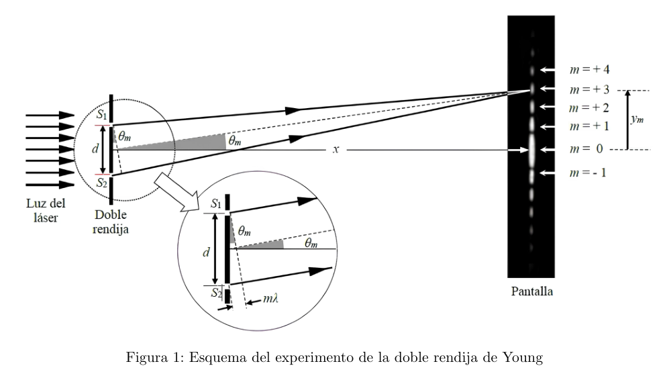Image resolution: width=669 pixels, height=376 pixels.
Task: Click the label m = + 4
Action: pos(590,69)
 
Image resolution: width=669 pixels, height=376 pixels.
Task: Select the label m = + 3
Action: pos(590,89)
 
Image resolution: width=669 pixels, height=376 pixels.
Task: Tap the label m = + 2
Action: pos(589,108)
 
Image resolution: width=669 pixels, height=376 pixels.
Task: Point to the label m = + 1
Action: pos(589,126)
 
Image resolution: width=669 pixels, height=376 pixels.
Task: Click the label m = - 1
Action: pos(588,173)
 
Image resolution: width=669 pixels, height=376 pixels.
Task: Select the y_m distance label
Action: pos(637,119)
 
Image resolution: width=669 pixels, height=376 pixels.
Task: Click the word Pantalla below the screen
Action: pos(532,291)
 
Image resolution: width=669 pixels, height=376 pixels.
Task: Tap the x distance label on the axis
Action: pos(336,149)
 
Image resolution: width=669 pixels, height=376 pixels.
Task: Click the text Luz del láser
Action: pos(46,210)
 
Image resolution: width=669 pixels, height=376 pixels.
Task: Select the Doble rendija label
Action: pos(111,222)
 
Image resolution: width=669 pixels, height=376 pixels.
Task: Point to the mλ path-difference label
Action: pos(270,298)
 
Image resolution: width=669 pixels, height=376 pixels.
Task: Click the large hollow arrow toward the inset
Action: pos(176,191)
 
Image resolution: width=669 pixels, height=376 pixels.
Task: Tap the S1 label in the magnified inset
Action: pos(216,203)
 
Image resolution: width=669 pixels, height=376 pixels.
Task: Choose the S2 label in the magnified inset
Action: pos(217,293)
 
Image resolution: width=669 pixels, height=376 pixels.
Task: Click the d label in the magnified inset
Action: pos(206,252)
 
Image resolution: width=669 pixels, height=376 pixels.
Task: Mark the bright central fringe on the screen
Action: pos(532,150)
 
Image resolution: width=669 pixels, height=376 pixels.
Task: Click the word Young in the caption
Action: pos(523,357)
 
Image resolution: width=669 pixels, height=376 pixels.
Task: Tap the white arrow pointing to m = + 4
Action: pos(548,70)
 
